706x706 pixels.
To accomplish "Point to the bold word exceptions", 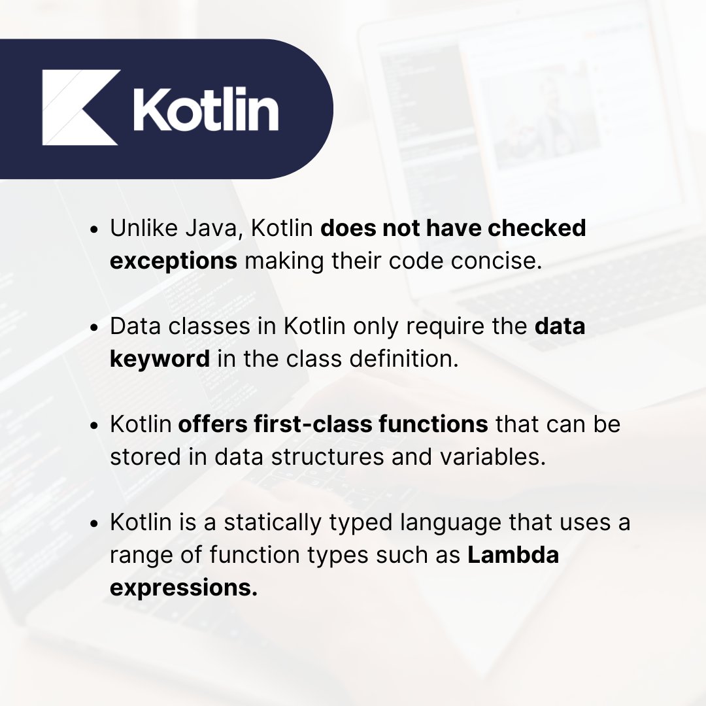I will pos(173,261).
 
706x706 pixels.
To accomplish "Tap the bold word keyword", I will pos(160,359).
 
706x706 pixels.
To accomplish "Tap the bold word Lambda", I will pos(513,555).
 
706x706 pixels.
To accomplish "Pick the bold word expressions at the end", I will pos(184,588).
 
